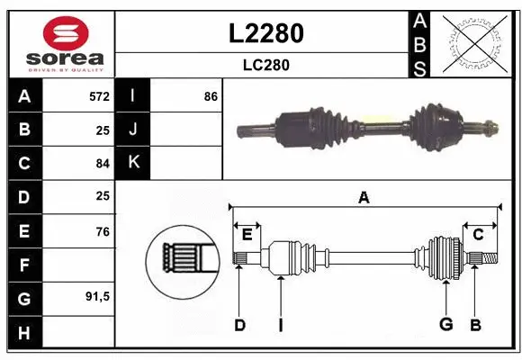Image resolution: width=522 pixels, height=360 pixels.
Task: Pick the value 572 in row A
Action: point(99,95)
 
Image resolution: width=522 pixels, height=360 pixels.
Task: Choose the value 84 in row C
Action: point(103,164)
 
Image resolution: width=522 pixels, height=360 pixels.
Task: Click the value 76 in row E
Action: point(103,232)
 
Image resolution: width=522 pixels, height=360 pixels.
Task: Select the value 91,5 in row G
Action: point(97,296)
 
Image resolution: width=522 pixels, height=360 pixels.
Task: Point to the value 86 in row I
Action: point(211,95)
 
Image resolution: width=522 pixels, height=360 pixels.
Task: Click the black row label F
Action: point(24,265)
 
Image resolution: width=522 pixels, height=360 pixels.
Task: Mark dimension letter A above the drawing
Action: point(364,198)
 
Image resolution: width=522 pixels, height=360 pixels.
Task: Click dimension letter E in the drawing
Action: point(246,235)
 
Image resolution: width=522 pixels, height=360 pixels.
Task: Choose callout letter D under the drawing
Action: point(239,325)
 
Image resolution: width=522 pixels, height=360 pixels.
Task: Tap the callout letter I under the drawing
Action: point(281,325)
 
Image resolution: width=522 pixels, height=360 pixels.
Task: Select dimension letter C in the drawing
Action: point(478,235)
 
